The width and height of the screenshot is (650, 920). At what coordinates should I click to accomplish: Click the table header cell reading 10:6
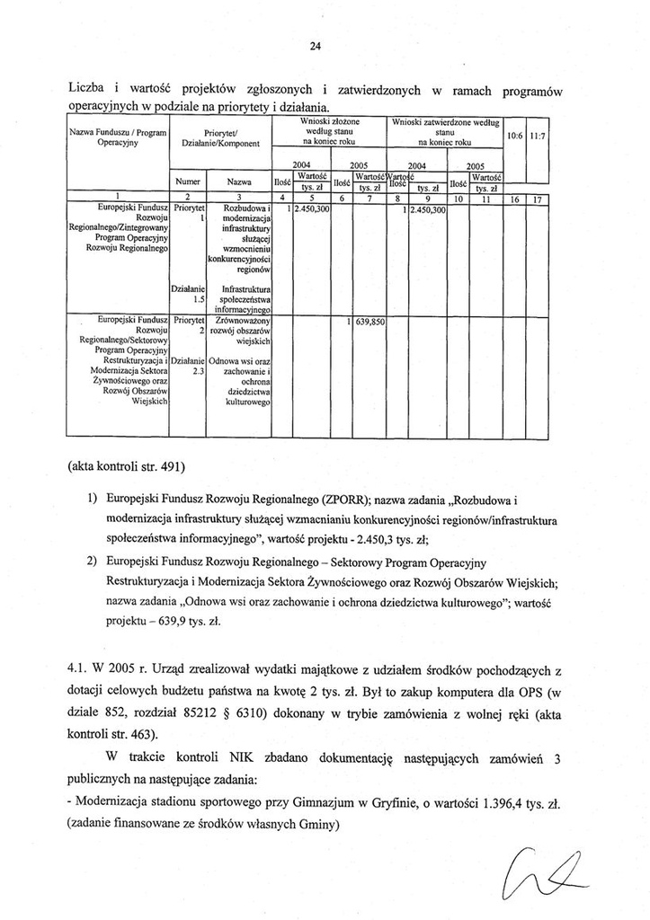516,136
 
